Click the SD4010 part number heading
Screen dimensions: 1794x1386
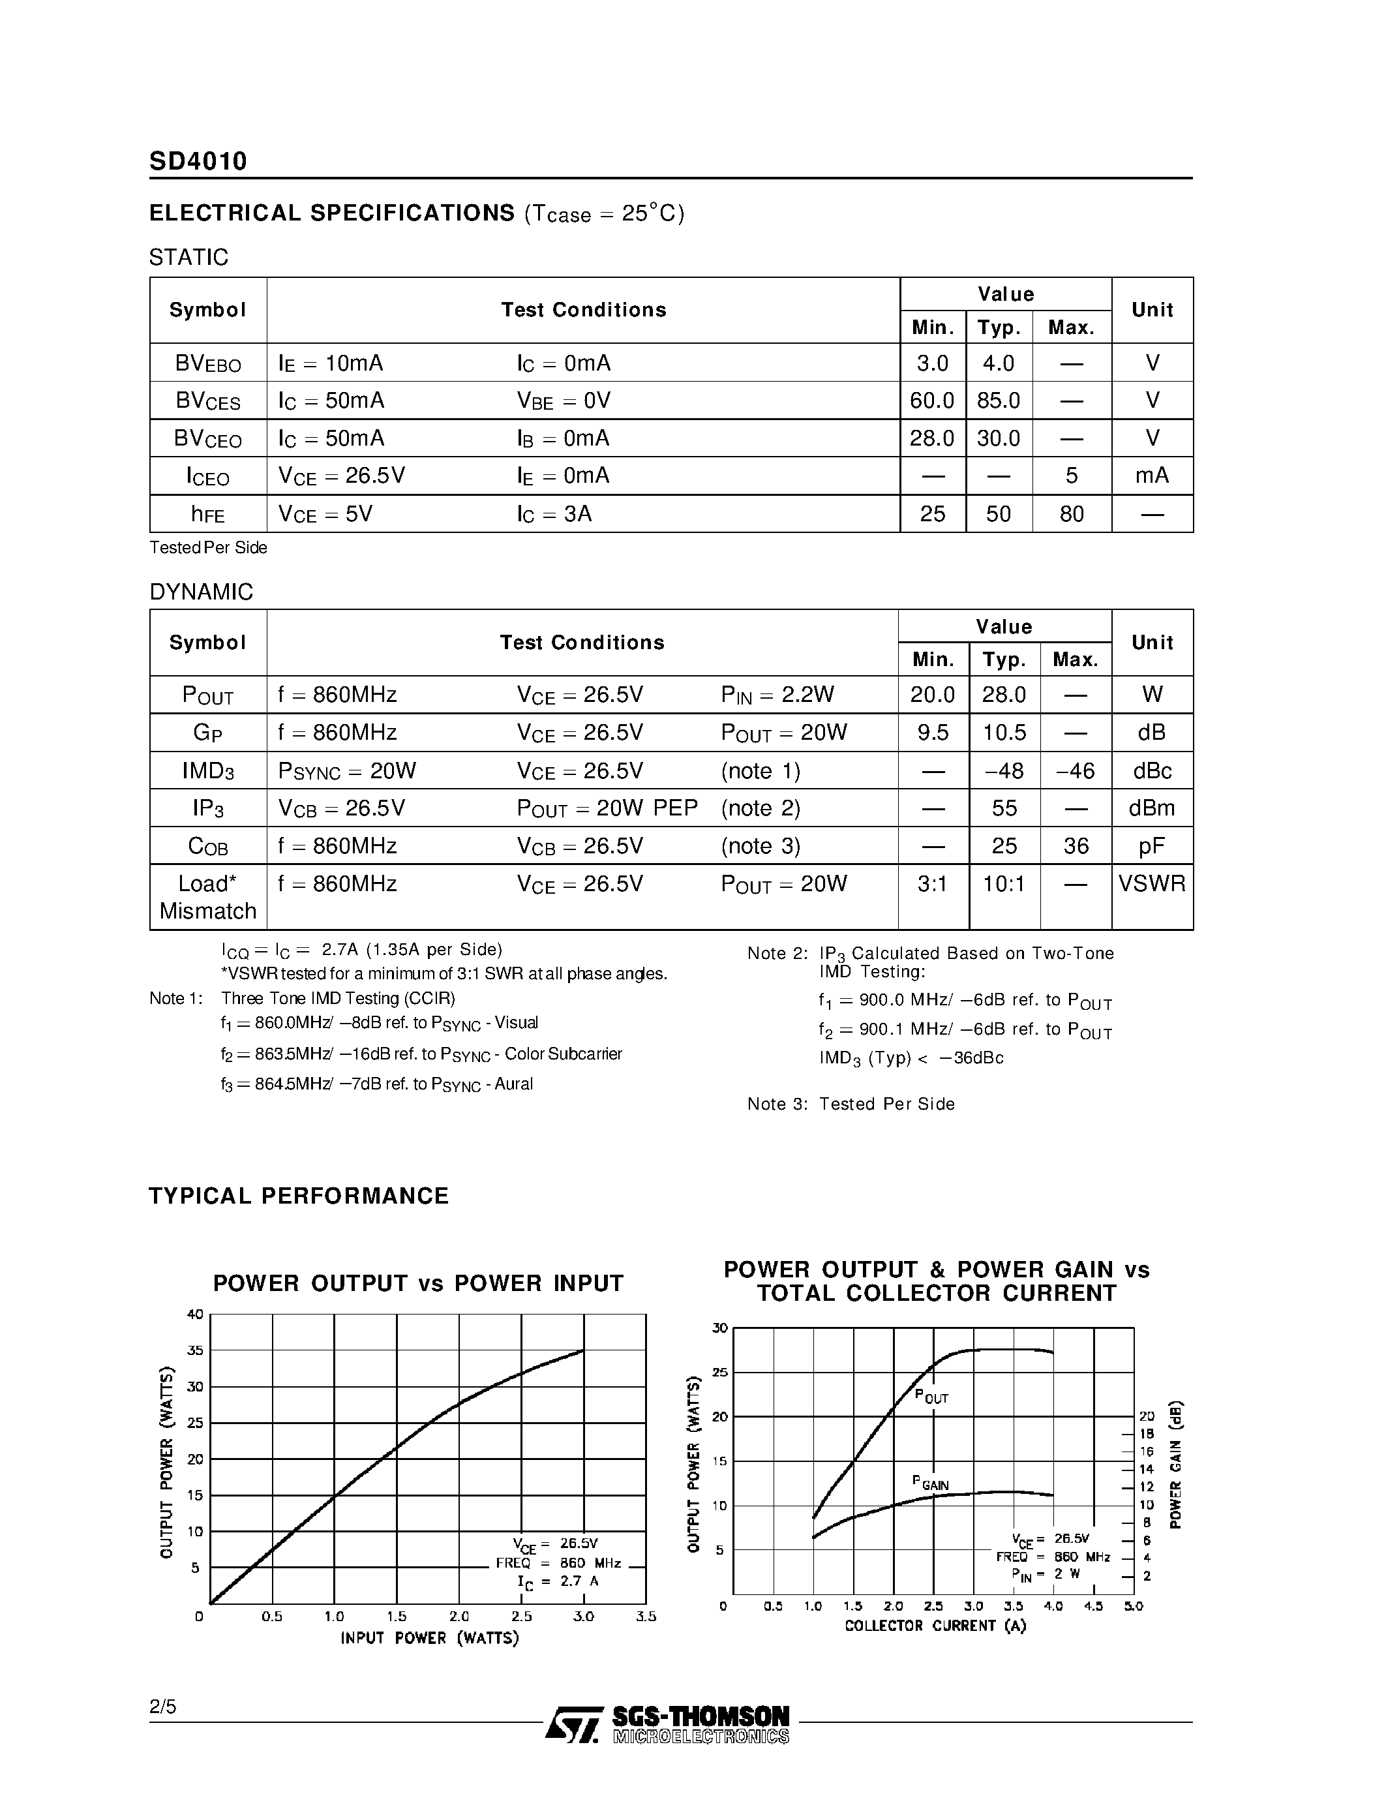click(198, 161)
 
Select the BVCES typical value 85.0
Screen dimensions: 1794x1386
click(999, 401)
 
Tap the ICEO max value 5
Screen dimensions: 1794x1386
click(1072, 476)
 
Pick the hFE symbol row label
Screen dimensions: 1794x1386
click(207, 514)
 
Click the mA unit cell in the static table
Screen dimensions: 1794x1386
click(1152, 476)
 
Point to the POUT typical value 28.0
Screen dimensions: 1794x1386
click(1004, 695)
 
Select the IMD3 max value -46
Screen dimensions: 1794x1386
click(1076, 770)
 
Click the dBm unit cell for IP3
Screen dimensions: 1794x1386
click(1152, 808)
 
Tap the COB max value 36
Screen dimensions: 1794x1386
click(1076, 846)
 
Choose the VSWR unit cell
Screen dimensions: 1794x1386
click(1152, 884)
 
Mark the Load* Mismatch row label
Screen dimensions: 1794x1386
click(207, 897)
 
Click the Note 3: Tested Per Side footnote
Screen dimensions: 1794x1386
click(851, 1104)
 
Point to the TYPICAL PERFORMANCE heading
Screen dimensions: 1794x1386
click(299, 1196)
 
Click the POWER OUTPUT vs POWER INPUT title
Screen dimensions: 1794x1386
click(418, 1283)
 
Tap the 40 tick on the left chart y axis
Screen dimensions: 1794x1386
click(194, 1315)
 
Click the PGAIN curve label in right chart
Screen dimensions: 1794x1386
click(930, 1483)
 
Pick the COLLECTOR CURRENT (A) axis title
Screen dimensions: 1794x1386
click(935, 1626)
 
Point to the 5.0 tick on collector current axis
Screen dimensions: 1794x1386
click(1133, 1606)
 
